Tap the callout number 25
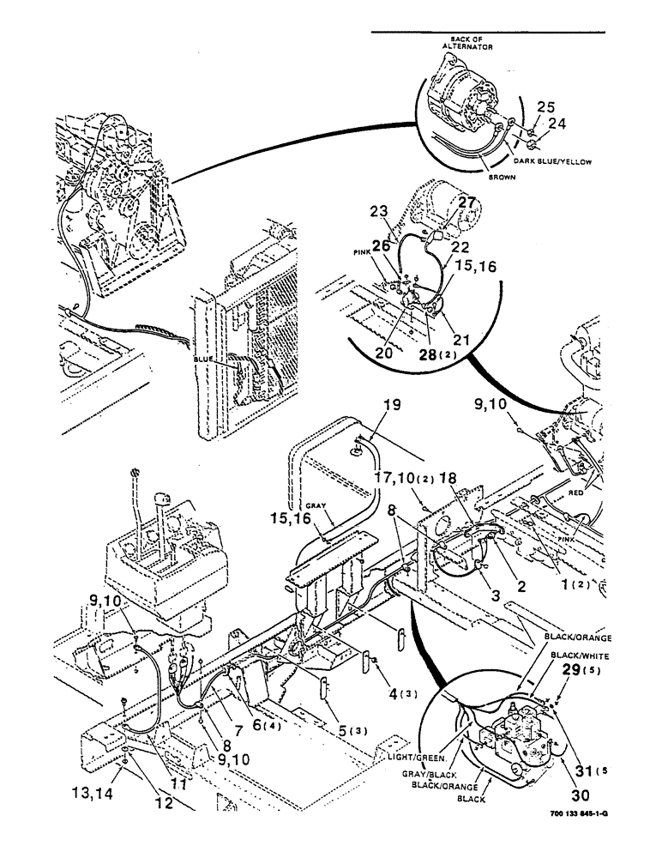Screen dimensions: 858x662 click(545, 106)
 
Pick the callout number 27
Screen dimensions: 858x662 click(465, 203)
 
